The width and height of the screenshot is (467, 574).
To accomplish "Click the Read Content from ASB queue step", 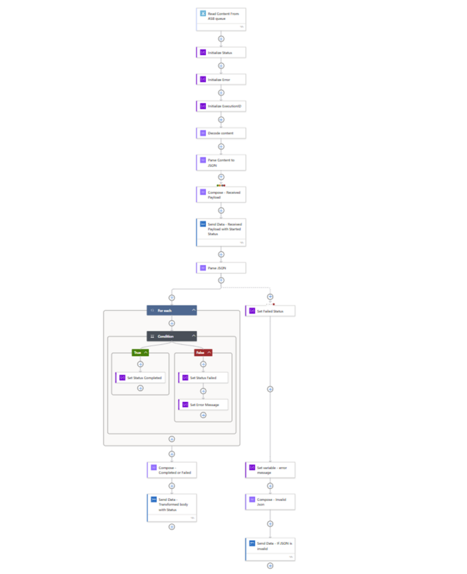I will pos(221,19).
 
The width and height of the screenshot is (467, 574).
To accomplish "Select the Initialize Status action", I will pos(221,53).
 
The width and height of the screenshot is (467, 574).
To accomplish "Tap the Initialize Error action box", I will pos(221,80).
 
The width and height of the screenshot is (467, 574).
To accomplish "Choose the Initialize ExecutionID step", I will pos(221,106).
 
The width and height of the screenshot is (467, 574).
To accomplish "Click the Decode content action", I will pos(221,132).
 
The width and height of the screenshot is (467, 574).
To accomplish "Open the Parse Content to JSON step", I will pos(221,162).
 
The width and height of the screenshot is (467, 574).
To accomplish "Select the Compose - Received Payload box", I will pos(221,194).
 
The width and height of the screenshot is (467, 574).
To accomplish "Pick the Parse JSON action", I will pos(221,267).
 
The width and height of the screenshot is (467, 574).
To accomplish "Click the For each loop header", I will pos(171,310).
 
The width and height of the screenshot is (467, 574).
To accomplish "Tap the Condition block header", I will pos(171,336).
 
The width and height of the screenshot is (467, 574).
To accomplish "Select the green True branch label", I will pos(140,352).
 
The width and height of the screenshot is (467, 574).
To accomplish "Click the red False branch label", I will pos(203,352).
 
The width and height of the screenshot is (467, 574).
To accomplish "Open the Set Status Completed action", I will pos(140,378).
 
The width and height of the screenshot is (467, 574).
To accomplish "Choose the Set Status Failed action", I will pos(203,378).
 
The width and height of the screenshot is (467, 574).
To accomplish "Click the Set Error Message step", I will pos(203,405).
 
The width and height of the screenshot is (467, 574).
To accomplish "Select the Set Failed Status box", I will pos(270,310).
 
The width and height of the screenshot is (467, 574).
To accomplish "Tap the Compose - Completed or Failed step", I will pos(172,470).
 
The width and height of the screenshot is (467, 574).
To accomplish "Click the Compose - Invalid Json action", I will pos(270,501).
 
